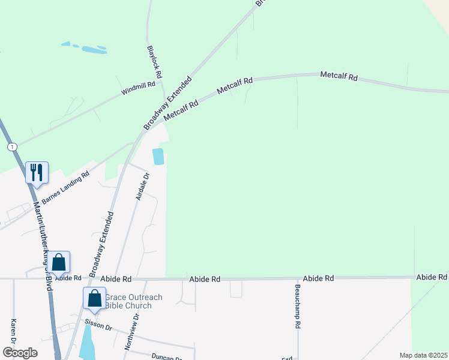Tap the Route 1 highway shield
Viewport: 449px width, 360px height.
11,146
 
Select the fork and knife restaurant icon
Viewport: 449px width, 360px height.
37,172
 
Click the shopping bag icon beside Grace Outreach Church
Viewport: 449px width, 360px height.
95,298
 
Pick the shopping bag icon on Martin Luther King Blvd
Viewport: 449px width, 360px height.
58,262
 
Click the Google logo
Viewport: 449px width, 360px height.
20,353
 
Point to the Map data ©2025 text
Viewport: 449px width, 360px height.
423,355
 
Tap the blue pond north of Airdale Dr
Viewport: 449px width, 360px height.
158,157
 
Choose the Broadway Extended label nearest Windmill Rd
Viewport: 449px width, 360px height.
167,103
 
